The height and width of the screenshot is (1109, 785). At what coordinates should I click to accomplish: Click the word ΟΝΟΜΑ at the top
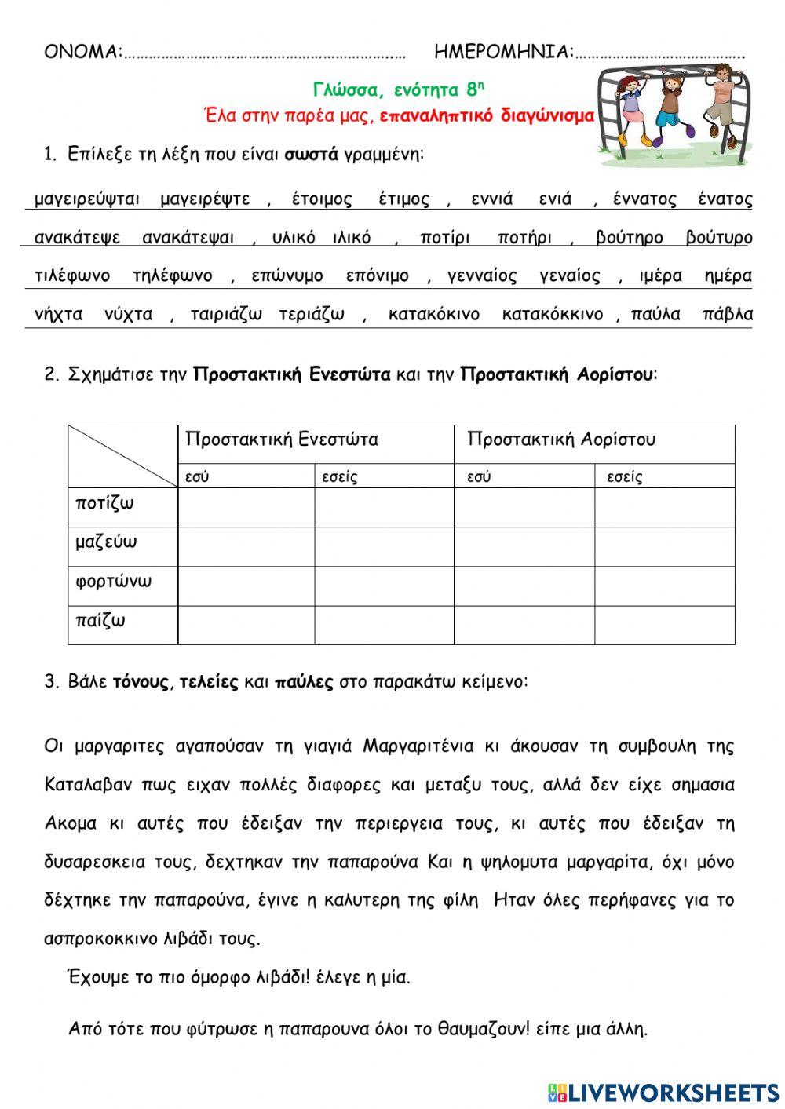(x=82, y=53)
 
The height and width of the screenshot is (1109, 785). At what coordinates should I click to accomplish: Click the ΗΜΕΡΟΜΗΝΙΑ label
(x=503, y=53)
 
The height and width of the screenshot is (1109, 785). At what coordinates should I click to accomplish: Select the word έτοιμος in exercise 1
(x=322, y=199)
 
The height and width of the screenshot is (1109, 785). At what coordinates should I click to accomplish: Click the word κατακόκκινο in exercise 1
(x=553, y=315)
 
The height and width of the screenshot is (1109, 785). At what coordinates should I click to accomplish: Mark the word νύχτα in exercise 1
(x=128, y=315)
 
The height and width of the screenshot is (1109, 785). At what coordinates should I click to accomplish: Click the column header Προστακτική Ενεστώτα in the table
(x=281, y=440)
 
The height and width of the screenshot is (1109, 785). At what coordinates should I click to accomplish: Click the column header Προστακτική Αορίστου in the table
(x=560, y=440)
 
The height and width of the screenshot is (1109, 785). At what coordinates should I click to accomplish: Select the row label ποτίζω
(x=104, y=503)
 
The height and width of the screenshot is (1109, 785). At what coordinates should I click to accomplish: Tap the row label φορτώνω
(x=113, y=582)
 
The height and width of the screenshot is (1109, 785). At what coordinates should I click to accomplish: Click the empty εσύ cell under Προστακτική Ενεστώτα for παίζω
(x=246, y=625)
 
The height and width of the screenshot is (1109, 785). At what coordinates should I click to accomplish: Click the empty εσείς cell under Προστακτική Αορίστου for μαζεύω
(x=664, y=546)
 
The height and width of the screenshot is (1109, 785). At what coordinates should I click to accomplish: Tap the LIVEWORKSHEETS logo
(x=663, y=1092)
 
